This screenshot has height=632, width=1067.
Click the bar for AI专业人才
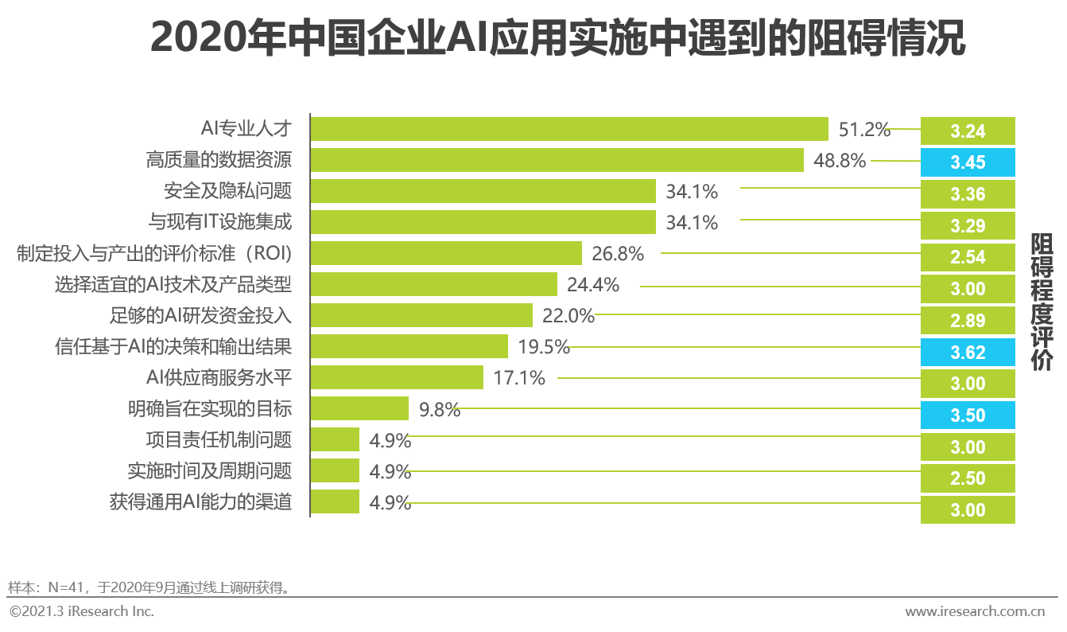click(x=569, y=129)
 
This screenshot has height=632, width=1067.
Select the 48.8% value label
click(x=839, y=161)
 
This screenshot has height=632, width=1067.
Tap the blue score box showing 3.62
click(x=968, y=353)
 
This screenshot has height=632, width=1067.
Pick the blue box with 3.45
click(x=968, y=162)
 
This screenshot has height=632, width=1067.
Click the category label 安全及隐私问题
click(x=227, y=192)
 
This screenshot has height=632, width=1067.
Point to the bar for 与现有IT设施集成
click(x=483, y=223)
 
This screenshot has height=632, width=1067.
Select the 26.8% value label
click(x=618, y=254)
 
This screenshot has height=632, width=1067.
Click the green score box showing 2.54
click(x=968, y=257)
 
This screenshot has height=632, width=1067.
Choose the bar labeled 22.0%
click(x=421, y=315)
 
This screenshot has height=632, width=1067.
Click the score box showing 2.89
click(x=968, y=321)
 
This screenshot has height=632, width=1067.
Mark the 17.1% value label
click(x=519, y=378)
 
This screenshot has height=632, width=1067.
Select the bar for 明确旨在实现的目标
click(x=359, y=409)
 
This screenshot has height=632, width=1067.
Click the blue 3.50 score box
click(x=968, y=415)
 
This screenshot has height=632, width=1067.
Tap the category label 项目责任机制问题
click(x=219, y=439)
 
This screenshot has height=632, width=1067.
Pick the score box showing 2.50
click(x=968, y=478)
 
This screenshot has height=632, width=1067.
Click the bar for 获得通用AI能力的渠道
click(x=335, y=502)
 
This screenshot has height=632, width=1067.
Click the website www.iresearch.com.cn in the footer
click(x=974, y=611)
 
